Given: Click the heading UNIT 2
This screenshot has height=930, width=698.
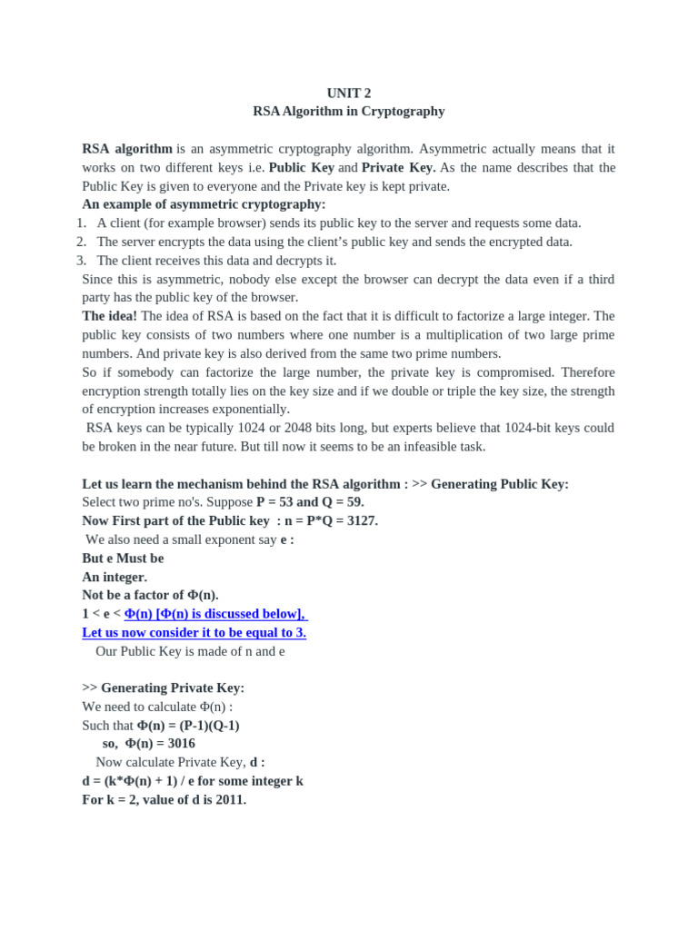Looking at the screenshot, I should [x=349, y=93].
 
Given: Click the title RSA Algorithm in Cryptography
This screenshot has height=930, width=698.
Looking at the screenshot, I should [x=349, y=111].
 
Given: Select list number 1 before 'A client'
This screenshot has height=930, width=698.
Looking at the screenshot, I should [x=81, y=223].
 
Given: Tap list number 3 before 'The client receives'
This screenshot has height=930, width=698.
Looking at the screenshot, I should [x=81, y=260].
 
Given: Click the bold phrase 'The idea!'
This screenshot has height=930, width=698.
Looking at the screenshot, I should [x=109, y=316].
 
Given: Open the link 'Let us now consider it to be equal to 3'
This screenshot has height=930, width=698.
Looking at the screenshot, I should [x=194, y=632].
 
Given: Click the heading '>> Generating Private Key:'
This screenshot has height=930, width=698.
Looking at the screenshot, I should [x=163, y=688].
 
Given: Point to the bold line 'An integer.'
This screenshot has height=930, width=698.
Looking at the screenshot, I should [x=115, y=577].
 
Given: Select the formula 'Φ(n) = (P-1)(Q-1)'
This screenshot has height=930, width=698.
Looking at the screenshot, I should [x=188, y=725].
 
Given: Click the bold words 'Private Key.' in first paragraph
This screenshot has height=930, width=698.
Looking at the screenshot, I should [x=399, y=168].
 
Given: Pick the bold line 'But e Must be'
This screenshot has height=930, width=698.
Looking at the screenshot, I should [x=123, y=558].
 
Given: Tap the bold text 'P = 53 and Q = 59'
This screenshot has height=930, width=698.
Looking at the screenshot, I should [x=309, y=502].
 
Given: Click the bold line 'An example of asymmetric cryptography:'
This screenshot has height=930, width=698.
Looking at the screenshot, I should [x=204, y=204].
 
